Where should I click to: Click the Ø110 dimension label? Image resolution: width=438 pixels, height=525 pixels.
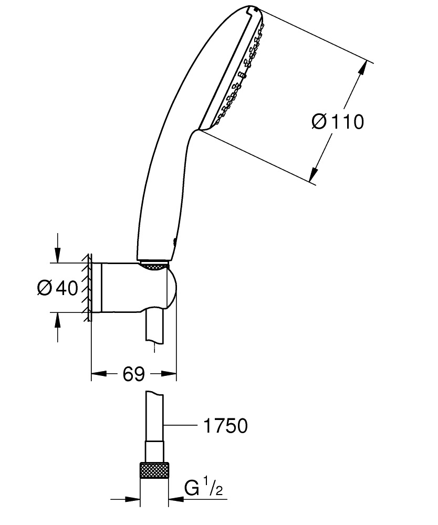(x=337, y=122)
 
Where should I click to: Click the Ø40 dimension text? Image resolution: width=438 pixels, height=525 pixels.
(x=58, y=288)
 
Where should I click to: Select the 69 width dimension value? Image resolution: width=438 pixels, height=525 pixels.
(x=133, y=374)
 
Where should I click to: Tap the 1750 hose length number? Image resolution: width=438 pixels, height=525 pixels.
(x=225, y=426)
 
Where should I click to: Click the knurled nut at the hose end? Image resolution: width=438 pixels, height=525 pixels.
(x=155, y=471)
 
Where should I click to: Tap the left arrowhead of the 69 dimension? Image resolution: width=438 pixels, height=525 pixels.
(x=98, y=374)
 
